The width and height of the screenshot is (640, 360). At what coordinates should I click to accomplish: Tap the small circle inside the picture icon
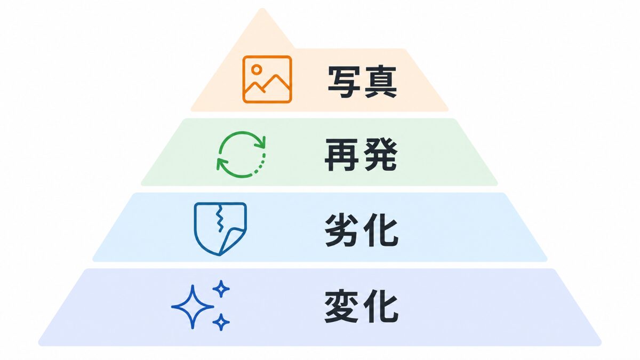point(257,69)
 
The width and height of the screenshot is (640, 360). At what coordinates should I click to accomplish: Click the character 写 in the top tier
point(343,82)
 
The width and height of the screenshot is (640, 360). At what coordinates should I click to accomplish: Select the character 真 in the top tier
point(380,82)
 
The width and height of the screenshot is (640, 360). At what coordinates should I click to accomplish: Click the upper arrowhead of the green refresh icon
point(261,142)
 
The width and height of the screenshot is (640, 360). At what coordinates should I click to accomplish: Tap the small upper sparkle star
point(221,289)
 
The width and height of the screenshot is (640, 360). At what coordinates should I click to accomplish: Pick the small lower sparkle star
point(221,322)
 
